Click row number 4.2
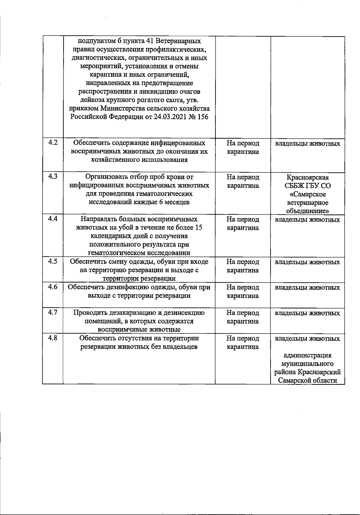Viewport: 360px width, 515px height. coord(53,143)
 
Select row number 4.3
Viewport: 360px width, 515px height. coord(53,177)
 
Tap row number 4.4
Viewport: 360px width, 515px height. coord(53,219)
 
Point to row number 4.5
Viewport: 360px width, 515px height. coord(53,262)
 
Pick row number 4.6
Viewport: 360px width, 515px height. coord(53,287)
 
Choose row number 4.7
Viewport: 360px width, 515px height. coord(53,313)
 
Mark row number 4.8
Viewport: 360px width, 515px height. coord(53,338)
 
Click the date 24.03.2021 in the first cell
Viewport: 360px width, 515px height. coord(171,117)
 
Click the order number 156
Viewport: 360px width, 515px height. coord(202,117)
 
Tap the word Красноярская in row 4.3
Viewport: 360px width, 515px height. coord(307,177)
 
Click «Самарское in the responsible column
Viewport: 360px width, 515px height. coord(307,194)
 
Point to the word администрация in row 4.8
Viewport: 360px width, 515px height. coord(307,356)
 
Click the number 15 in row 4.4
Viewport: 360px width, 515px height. coord(199,228)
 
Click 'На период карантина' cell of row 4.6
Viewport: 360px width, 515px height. coord(243,292)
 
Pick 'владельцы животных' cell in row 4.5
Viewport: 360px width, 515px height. coord(307,262)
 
